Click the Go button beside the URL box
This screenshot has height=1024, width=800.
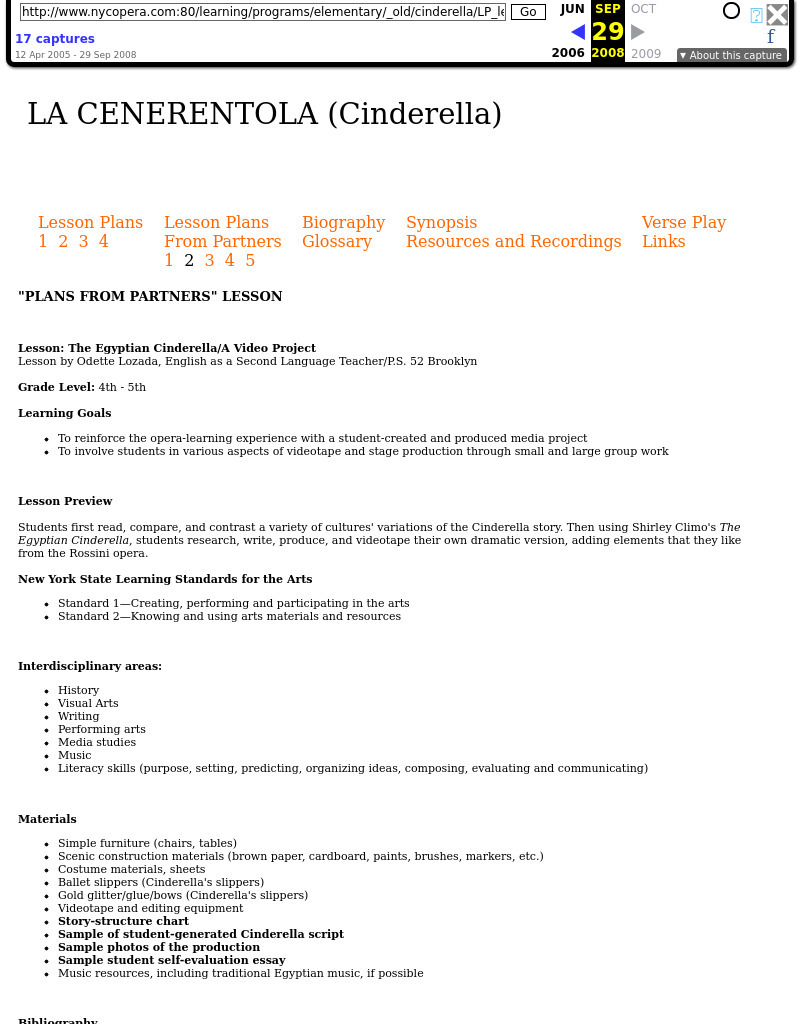coord(528,12)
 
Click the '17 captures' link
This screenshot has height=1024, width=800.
coord(55,39)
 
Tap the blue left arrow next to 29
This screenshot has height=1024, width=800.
coord(577,32)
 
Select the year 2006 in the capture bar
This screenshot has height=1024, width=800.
coord(568,54)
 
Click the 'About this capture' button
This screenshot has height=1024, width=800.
coord(731,56)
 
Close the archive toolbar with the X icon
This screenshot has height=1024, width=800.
coord(777,14)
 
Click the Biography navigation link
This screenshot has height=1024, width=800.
coord(343,222)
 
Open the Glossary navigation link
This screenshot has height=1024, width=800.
coord(337,241)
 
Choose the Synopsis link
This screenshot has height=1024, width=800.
coord(441,222)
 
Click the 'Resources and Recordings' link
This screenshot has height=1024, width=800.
coord(513,241)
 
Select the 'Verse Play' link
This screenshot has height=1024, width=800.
coord(684,222)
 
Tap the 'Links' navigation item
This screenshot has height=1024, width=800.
coord(663,241)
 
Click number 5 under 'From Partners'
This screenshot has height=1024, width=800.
coord(250,260)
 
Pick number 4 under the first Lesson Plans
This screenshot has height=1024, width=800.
coord(103,241)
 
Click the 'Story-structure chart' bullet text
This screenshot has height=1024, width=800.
coord(123,921)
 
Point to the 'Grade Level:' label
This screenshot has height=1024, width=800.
coord(56,387)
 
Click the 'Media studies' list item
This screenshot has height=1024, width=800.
coord(97,742)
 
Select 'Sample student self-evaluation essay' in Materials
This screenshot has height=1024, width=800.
coord(171,960)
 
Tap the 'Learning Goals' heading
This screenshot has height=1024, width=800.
coord(64,413)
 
